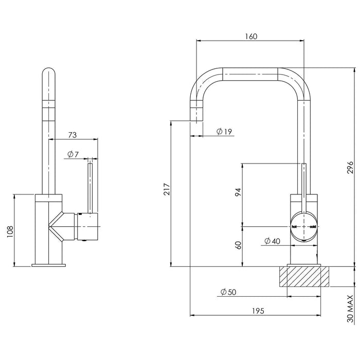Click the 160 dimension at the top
(x=251, y=36)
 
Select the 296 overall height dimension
(x=349, y=167)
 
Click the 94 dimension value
(x=238, y=192)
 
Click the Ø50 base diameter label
(x=228, y=292)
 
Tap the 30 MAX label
(x=350, y=309)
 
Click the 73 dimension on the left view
(x=72, y=135)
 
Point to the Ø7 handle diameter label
(x=73, y=154)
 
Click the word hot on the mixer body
(x=295, y=226)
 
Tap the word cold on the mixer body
(x=312, y=226)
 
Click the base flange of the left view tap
(x=49, y=265)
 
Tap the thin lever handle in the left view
(x=91, y=185)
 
